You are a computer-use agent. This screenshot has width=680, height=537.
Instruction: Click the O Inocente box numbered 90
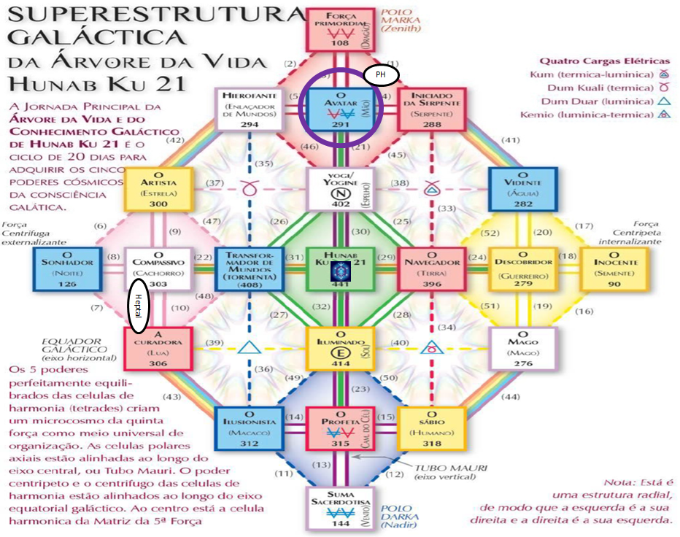(x=614, y=268)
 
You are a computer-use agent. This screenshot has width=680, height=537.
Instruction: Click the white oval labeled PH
(x=380, y=75)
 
